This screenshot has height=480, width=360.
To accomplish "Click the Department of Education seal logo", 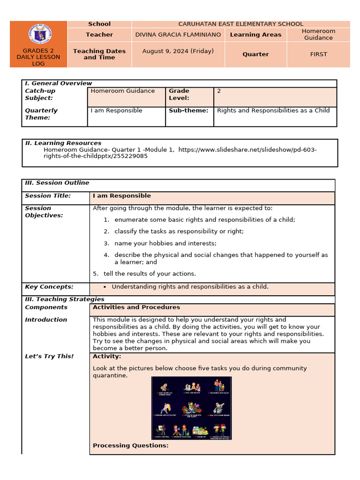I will [x=40, y=34].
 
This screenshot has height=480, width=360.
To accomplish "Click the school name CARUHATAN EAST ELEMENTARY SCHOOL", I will [x=240, y=24].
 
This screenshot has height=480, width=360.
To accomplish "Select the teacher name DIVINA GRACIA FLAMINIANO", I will [x=178, y=34].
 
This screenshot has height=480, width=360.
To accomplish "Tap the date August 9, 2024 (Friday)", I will [x=178, y=51].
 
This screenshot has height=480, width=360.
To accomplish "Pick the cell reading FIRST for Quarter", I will [x=318, y=54].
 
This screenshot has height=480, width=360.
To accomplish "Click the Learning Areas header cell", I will [x=255, y=34].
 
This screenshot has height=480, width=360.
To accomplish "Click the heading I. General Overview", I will [x=59, y=83].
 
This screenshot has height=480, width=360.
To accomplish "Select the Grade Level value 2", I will [x=219, y=91].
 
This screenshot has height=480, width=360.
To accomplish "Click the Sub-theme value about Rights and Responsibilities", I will [x=273, y=111].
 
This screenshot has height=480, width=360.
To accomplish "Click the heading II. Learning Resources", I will [x=63, y=143].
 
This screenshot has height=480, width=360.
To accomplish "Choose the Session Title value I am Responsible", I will [x=122, y=196].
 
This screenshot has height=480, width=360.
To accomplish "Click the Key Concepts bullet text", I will [x=190, y=287].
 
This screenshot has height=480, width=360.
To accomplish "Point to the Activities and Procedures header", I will [x=136, y=307].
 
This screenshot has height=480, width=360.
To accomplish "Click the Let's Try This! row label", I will [x=49, y=356].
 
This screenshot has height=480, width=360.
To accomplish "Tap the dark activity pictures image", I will [x=191, y=408].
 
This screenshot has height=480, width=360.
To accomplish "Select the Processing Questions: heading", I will [x=131, y=445].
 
